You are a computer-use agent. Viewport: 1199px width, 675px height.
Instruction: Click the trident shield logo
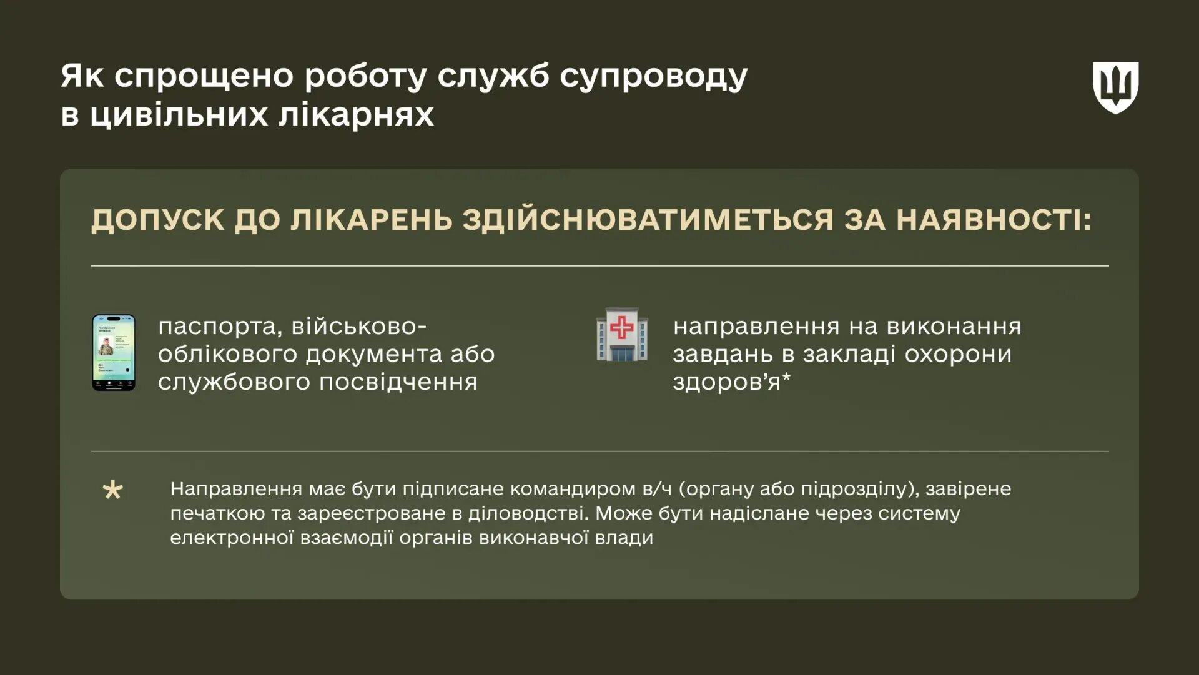point(1115,87)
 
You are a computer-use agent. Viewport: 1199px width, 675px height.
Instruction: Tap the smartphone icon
point(114,353)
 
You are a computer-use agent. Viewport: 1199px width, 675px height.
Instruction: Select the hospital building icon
point(621,335)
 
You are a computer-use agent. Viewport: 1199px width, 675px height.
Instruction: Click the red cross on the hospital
point(621,327)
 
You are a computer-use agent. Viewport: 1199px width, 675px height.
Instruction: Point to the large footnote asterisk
point(113,490)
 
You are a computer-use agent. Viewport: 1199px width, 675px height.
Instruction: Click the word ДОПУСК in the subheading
point(157,220)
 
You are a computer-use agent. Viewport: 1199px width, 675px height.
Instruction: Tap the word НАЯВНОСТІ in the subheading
point(994,220)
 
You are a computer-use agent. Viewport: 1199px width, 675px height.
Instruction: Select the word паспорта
point(217,327)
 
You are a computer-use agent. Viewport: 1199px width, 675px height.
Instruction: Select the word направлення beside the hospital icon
point(756,327)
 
